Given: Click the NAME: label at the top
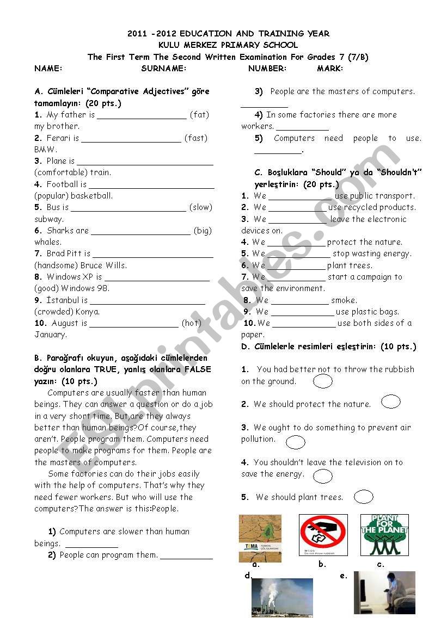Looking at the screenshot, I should [48, 69].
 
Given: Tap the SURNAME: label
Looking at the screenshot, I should [163, 69].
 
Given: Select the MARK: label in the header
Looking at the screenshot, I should [330, 69].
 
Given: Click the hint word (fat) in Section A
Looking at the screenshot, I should [199, 115].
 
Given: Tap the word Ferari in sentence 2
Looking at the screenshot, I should [59, 138].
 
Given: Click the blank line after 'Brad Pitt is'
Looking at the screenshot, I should [153, 254].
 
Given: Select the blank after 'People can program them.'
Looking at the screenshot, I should [186, 556].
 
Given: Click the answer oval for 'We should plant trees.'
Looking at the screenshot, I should [363, 497].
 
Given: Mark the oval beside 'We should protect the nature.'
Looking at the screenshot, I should [391, 402].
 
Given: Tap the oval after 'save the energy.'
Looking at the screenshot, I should [323, 476].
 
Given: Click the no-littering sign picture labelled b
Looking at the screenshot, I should [323, 535].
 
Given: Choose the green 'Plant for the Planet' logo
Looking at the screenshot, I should [384, 535].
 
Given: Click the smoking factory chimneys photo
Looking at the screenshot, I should [282, 597].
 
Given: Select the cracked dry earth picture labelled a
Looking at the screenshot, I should [260, 538].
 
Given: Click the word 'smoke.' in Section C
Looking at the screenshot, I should [344, 300].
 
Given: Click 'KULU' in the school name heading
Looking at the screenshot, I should [169, 45].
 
